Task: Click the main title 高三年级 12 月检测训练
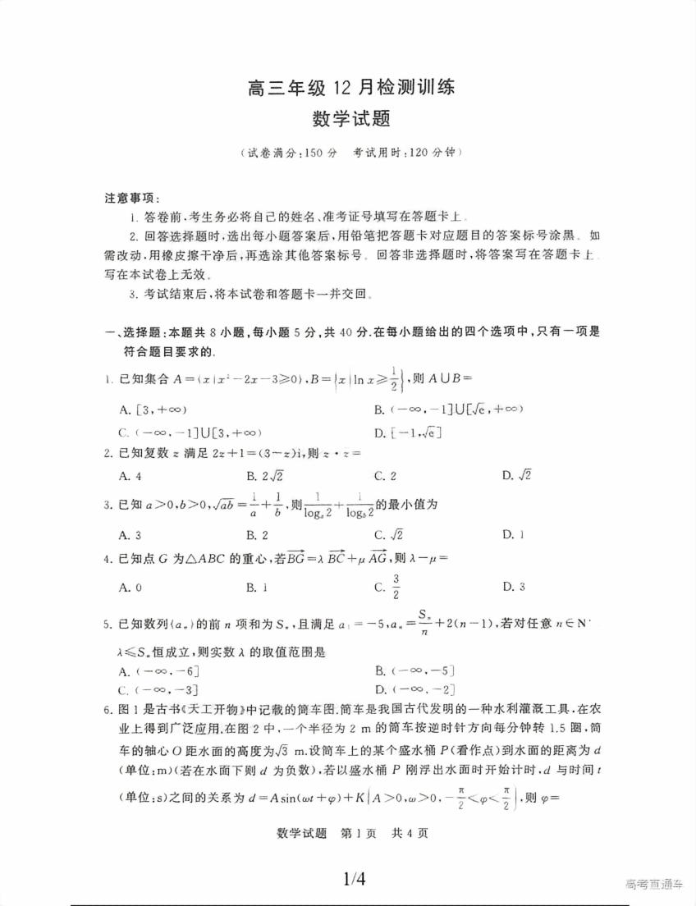(350, 87)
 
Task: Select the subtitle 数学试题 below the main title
(350, 119)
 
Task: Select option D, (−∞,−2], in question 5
(414, 689)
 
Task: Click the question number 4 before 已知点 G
(108, 559)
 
